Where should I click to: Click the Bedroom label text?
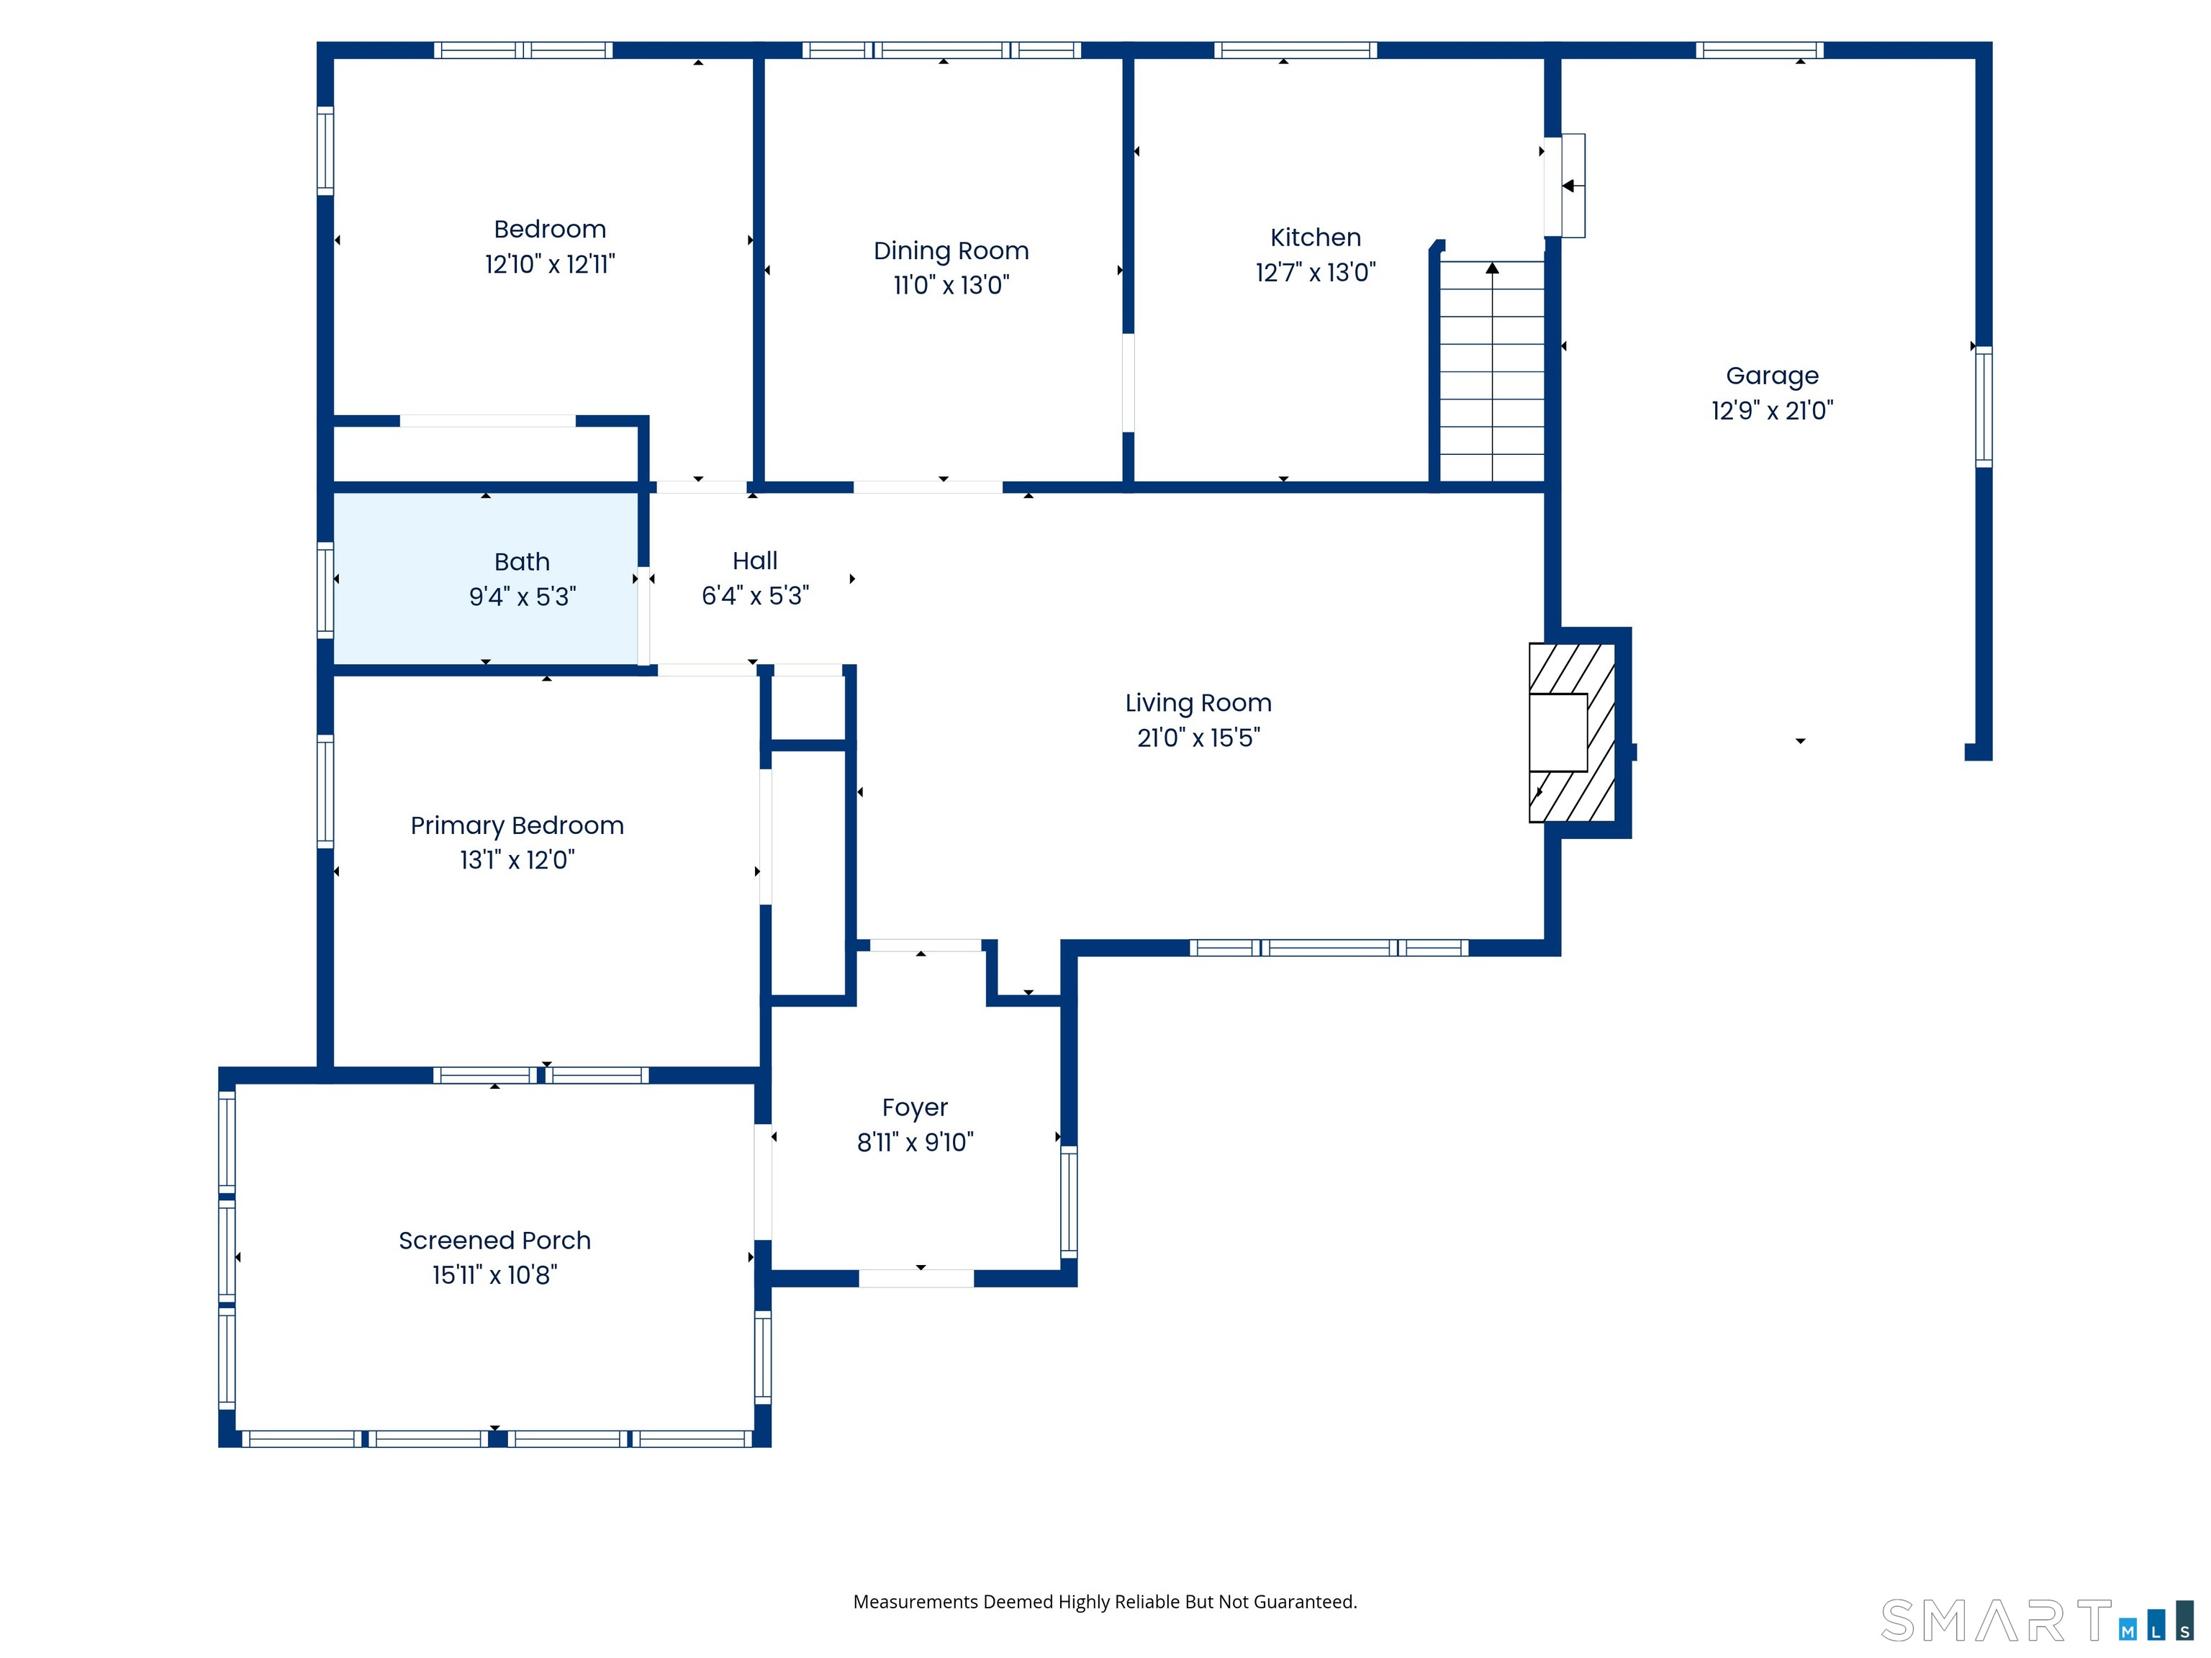pyautogui.click(x=550, y=229)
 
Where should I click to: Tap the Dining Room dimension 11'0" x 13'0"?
pyautogui.click(x=951, y=285)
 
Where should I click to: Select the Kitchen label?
pyautogui.click(x=1316, y=237)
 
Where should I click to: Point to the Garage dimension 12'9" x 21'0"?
pyautogui.click(x=1771, y=409)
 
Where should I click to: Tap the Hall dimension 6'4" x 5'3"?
pyautogui.click(x=755, y=596)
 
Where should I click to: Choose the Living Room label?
pyautogui.click(x=1198, y=702)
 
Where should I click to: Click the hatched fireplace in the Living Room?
pyautogui.click(x=1573, y=733)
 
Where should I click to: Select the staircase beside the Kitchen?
pyautogui.click(x=1491, y=372)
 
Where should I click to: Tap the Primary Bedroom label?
pyautogui.click(x=517, y=825)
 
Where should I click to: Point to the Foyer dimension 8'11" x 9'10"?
pyautogui.click(x=915, y=1141)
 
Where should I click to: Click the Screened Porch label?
pyautogui.click(x=494, y=1239)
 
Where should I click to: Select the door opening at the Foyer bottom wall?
pyautogui.click(x=915, y=1278)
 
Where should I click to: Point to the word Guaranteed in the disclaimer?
pyautogui.click(x=1304, y=1602)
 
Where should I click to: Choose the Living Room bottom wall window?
pyautogui.click(x=1329, y=948)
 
